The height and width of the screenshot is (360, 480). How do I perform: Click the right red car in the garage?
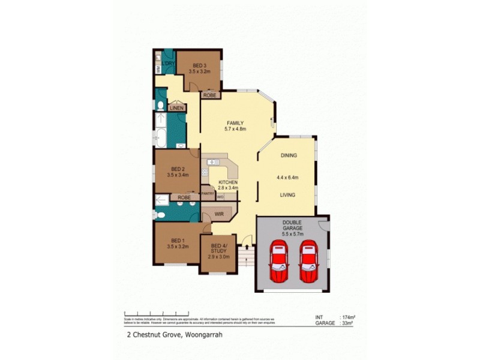coord(308,262)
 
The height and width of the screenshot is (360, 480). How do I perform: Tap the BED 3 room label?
coord(200,65)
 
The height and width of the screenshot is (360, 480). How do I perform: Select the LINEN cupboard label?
coord(176,108)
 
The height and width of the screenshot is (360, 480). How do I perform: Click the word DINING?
coord(289,155)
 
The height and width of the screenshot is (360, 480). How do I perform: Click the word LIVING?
coord(289,195)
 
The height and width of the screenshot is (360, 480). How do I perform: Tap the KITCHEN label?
coord(228,182)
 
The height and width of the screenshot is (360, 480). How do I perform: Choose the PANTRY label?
coord(208,194)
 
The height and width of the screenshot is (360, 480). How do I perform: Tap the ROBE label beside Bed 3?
coord(209,95)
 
